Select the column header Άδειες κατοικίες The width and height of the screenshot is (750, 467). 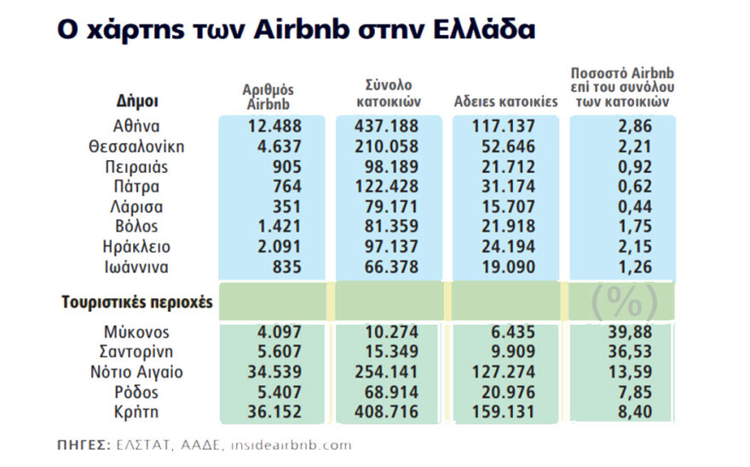[x=505, y=101]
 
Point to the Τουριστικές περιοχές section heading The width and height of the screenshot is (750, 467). [x=136, y=302]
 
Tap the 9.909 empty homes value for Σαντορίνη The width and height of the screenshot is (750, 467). [x=505, y=352]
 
